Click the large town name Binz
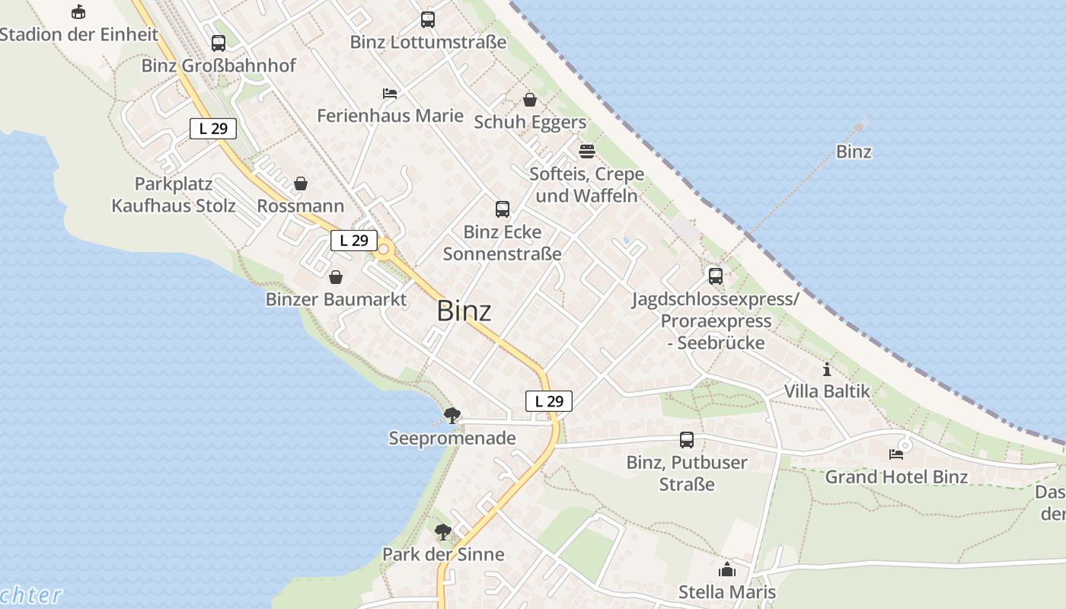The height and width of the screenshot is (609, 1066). [x=464, y=311]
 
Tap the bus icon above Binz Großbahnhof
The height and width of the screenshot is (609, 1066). [x=219, y=43]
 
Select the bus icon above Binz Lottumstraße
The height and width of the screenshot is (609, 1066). [x=428, y=20]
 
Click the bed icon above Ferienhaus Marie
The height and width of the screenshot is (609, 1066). [x=390, y=94]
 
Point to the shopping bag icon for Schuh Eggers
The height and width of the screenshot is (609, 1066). [x=530, y=100]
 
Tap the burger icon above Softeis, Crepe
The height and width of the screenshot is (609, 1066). [x=586, y=151]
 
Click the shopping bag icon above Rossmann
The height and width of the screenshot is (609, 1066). [x=301, y=183]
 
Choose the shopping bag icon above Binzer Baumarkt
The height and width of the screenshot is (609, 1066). [x=336, y=277]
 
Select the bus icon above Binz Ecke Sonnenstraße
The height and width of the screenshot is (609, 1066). [x=503, y=209]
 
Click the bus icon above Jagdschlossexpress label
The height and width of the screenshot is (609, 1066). [x=716, y=276]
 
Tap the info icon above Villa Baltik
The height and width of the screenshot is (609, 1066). [x=827, y=370]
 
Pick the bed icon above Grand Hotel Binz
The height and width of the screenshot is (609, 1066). [x=896, y=454]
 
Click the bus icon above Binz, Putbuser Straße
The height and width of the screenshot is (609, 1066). [x=687, y=439]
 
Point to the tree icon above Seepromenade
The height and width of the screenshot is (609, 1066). [x=452, y=415]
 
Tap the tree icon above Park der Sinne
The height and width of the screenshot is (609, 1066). [x=443, y=531]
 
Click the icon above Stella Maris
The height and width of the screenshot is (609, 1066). [x=727, y=569]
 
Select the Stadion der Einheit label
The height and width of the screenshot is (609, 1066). [x=79, y=34]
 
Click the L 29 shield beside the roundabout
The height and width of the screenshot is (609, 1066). [x=354, y=241]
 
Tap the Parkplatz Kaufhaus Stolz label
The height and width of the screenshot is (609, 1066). [x=174, y=195]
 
